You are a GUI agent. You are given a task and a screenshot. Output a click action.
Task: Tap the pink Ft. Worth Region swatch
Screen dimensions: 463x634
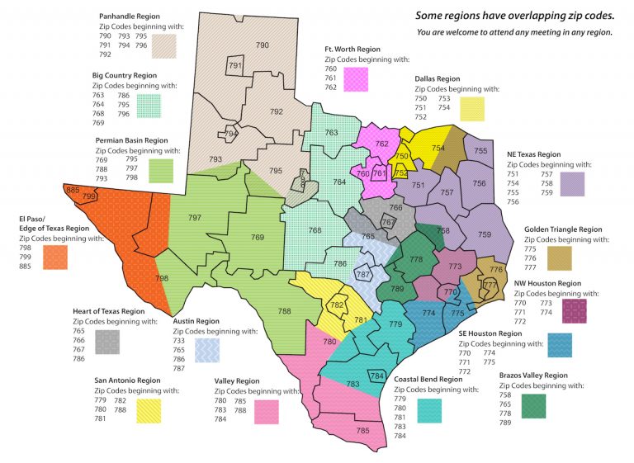(x=356, y=79)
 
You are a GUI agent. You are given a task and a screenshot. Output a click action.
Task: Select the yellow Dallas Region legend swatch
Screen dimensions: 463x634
(x=472, y=108)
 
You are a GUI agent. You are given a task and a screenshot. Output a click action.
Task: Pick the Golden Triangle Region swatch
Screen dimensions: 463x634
(x=558, y=257)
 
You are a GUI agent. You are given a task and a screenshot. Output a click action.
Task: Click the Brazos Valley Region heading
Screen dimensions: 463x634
(x=533, y=375)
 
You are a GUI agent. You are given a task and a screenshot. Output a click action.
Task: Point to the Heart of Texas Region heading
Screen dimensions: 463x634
(x=108, y=311)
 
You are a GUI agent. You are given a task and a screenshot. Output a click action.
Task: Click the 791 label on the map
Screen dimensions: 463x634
(x=234, y=66)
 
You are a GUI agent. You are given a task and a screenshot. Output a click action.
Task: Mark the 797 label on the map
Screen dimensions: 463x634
(x=195, y=218)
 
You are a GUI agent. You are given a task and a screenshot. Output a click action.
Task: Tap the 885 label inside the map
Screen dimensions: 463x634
(x=72, y=191)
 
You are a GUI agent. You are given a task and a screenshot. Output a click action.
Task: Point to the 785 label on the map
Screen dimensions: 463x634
(x=362, y=430)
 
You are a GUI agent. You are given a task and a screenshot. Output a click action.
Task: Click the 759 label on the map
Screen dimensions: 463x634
(x=485, y=235)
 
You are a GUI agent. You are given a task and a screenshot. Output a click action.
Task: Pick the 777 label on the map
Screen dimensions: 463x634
(x=490, y=286)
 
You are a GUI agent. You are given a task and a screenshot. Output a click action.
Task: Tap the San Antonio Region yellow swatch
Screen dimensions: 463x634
(x=149, y=410)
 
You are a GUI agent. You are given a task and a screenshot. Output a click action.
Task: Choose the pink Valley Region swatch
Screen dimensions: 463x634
(x=266, y=410)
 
